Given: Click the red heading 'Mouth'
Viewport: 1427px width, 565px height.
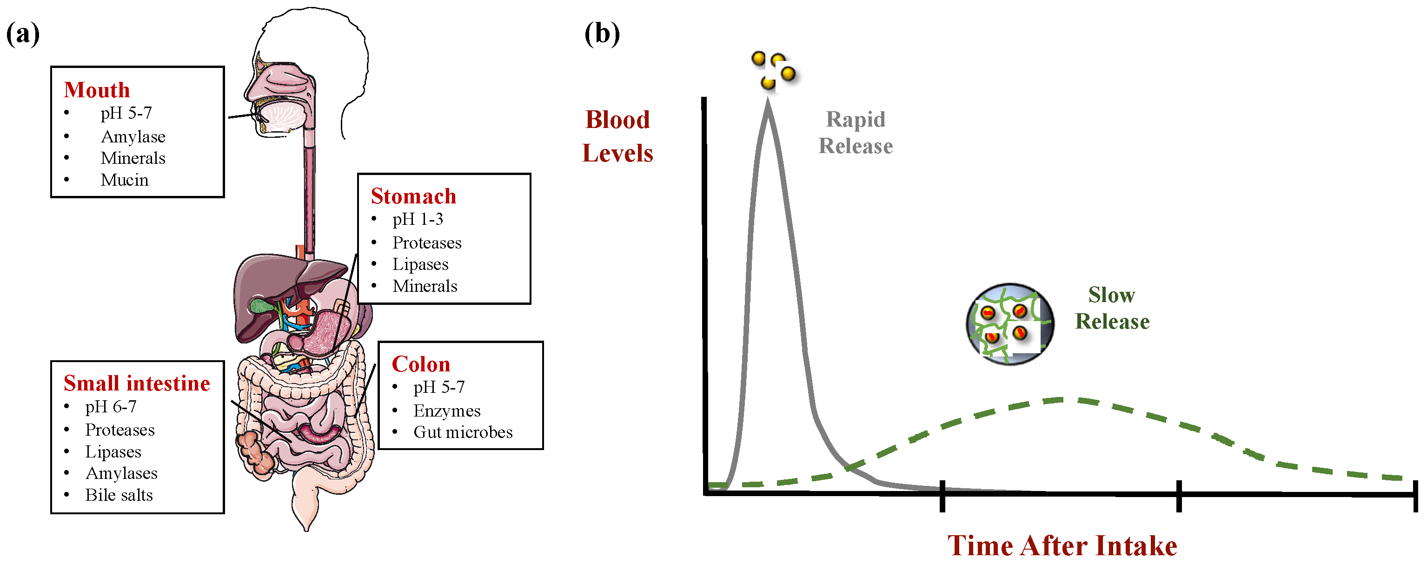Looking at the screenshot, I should (x=96, y=90).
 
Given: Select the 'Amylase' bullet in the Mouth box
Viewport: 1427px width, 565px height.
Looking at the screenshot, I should (x=133, y=136).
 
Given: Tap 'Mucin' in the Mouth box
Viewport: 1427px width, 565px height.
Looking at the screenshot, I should (x=124, y=180).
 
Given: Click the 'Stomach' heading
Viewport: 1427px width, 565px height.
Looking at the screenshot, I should (x=413, y=196).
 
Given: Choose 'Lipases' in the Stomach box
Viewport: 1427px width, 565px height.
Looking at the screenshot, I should (x=420, y=264).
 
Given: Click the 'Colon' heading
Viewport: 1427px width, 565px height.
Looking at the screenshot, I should (x=420, y=364).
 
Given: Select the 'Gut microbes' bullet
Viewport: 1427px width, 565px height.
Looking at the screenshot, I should (x=463, y=432).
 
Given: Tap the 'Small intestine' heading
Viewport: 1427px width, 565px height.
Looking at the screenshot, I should (x=137, y=383).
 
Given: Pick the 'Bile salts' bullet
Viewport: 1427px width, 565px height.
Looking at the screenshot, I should (x=119, y=495).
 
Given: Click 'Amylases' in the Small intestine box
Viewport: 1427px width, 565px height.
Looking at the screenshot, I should (x=121, y=473).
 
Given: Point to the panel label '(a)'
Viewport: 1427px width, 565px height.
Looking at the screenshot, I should (x=23, y=34).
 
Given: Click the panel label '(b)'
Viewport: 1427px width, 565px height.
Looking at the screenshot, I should (x=602, y=34).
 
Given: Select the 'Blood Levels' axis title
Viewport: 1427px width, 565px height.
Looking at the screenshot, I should (x=617, y=136).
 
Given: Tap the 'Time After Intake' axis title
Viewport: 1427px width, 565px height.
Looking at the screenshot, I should (x=1062, y=545).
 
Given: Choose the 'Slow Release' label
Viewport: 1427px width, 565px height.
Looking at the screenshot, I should (x=1112, y=308).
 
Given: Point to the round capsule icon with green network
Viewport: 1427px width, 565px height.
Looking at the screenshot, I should (x=1009, y=324).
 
